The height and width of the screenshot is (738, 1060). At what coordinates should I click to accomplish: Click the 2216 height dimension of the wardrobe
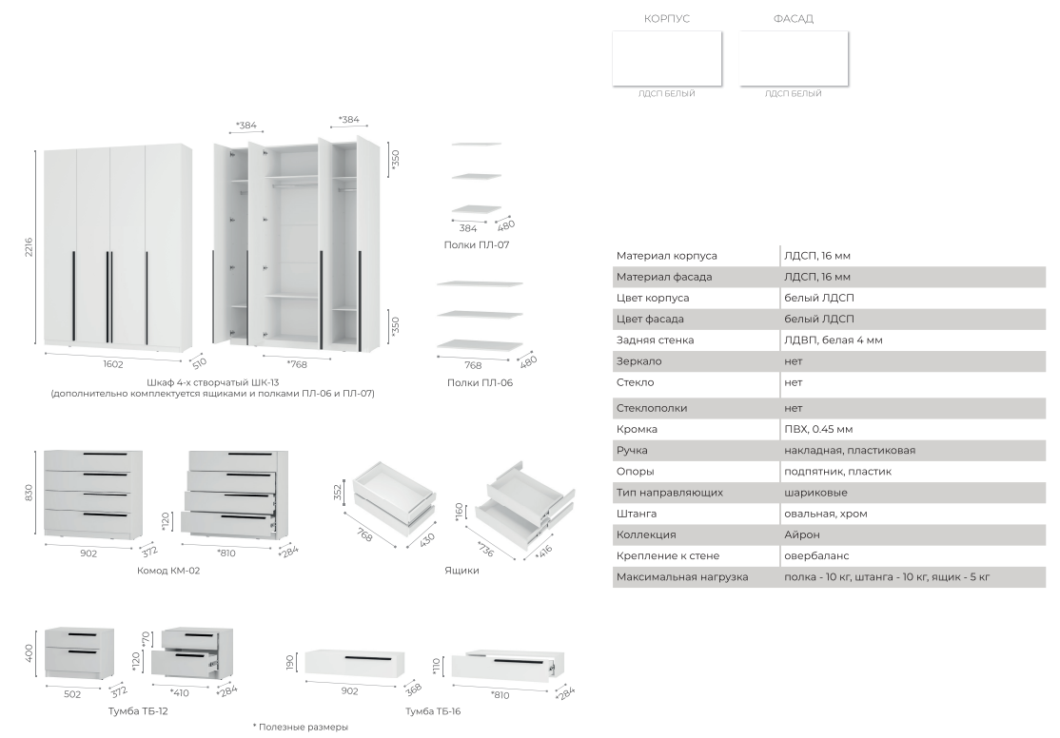[x=29, y=246]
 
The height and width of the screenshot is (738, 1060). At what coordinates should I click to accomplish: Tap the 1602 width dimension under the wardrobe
[x=113, y=364]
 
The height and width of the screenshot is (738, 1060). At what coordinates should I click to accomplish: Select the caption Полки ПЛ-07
[x=477, y=244]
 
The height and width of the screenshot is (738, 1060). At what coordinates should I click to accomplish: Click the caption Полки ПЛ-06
[x=480, y=382]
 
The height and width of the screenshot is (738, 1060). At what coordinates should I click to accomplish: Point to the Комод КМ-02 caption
[x=168, y=571]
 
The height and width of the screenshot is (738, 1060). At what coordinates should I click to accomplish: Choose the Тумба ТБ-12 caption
[x=138, y=711]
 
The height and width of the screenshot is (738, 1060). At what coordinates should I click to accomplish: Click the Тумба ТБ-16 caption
[x=433, y=711]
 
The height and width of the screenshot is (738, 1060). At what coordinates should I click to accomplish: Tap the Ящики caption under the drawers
[x=461, y=571]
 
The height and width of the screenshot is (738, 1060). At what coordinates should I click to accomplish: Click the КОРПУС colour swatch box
[x=667, y=59]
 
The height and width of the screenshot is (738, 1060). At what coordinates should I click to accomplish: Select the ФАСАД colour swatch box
[x=794, y=59]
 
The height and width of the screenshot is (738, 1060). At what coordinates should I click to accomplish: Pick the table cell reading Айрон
[x=802, y=534]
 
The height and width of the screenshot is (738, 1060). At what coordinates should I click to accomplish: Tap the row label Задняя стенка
[x=655, y=340]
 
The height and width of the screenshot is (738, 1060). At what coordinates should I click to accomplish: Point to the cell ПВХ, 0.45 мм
[x=818, y=429]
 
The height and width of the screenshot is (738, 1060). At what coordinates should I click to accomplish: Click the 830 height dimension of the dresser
[x=29, y=494]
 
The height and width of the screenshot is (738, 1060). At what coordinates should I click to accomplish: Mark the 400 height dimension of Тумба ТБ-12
[x=29, y=653]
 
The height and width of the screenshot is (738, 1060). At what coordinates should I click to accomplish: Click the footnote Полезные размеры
[x=300, y=728]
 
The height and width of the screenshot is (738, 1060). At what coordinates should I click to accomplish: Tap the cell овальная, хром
[x=825, y=514]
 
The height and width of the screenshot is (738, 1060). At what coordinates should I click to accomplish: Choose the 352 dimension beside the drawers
[x=338, y=492]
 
